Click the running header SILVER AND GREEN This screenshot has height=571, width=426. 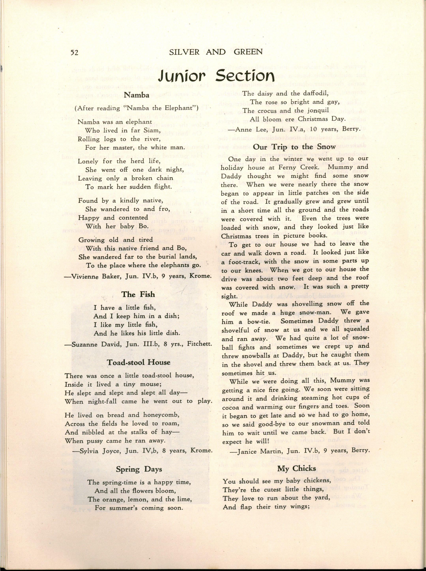point(216,52)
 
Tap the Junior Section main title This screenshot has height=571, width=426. point(216,76)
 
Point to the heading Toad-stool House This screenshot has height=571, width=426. point(139,362)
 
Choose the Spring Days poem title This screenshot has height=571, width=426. point(139,469)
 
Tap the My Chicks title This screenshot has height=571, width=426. point(297,468)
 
